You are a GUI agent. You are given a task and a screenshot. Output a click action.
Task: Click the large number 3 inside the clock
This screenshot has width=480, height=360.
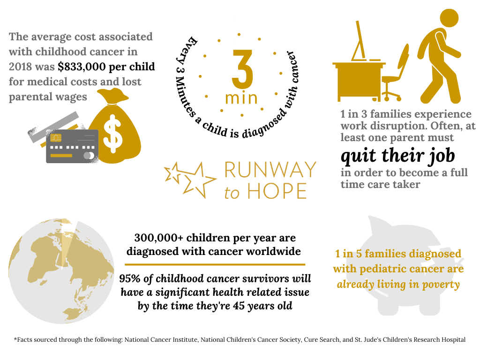[242, 68]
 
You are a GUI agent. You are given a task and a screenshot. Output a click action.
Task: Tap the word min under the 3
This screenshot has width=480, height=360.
[241, 98]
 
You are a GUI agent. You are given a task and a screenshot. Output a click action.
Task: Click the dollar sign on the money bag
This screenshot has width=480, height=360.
[113, 134]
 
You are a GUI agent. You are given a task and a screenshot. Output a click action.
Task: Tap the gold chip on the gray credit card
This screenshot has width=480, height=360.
[56, 137]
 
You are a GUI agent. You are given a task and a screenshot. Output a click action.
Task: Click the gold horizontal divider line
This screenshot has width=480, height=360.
[215, 264]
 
